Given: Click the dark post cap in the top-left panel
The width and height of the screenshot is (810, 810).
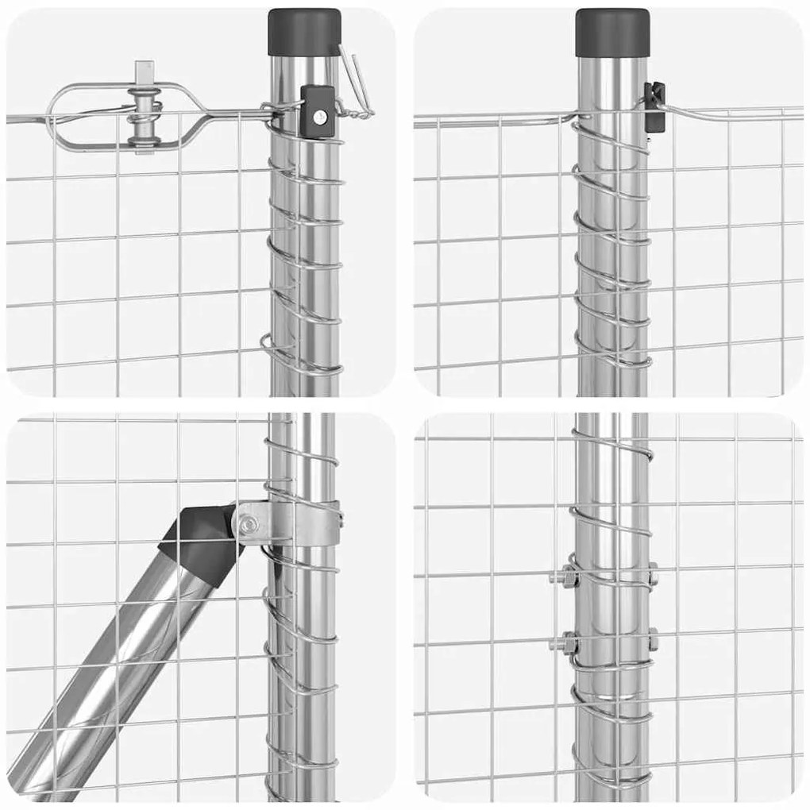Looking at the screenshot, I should coord(304,32).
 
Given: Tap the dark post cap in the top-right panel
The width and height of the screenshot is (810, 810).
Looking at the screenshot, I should coord(612,32).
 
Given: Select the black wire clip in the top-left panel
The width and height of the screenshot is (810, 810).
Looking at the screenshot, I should coord(317,112).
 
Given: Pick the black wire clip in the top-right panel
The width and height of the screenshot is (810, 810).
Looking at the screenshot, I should coord(654,106).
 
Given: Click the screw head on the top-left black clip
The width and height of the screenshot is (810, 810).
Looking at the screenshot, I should coord(319,118).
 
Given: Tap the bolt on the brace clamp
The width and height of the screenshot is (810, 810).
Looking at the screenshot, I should coord(249,523).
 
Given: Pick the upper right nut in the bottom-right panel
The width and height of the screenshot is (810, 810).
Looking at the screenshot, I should coord(653,574).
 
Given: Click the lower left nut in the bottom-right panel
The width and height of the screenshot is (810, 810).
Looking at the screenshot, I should coord(565,640).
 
